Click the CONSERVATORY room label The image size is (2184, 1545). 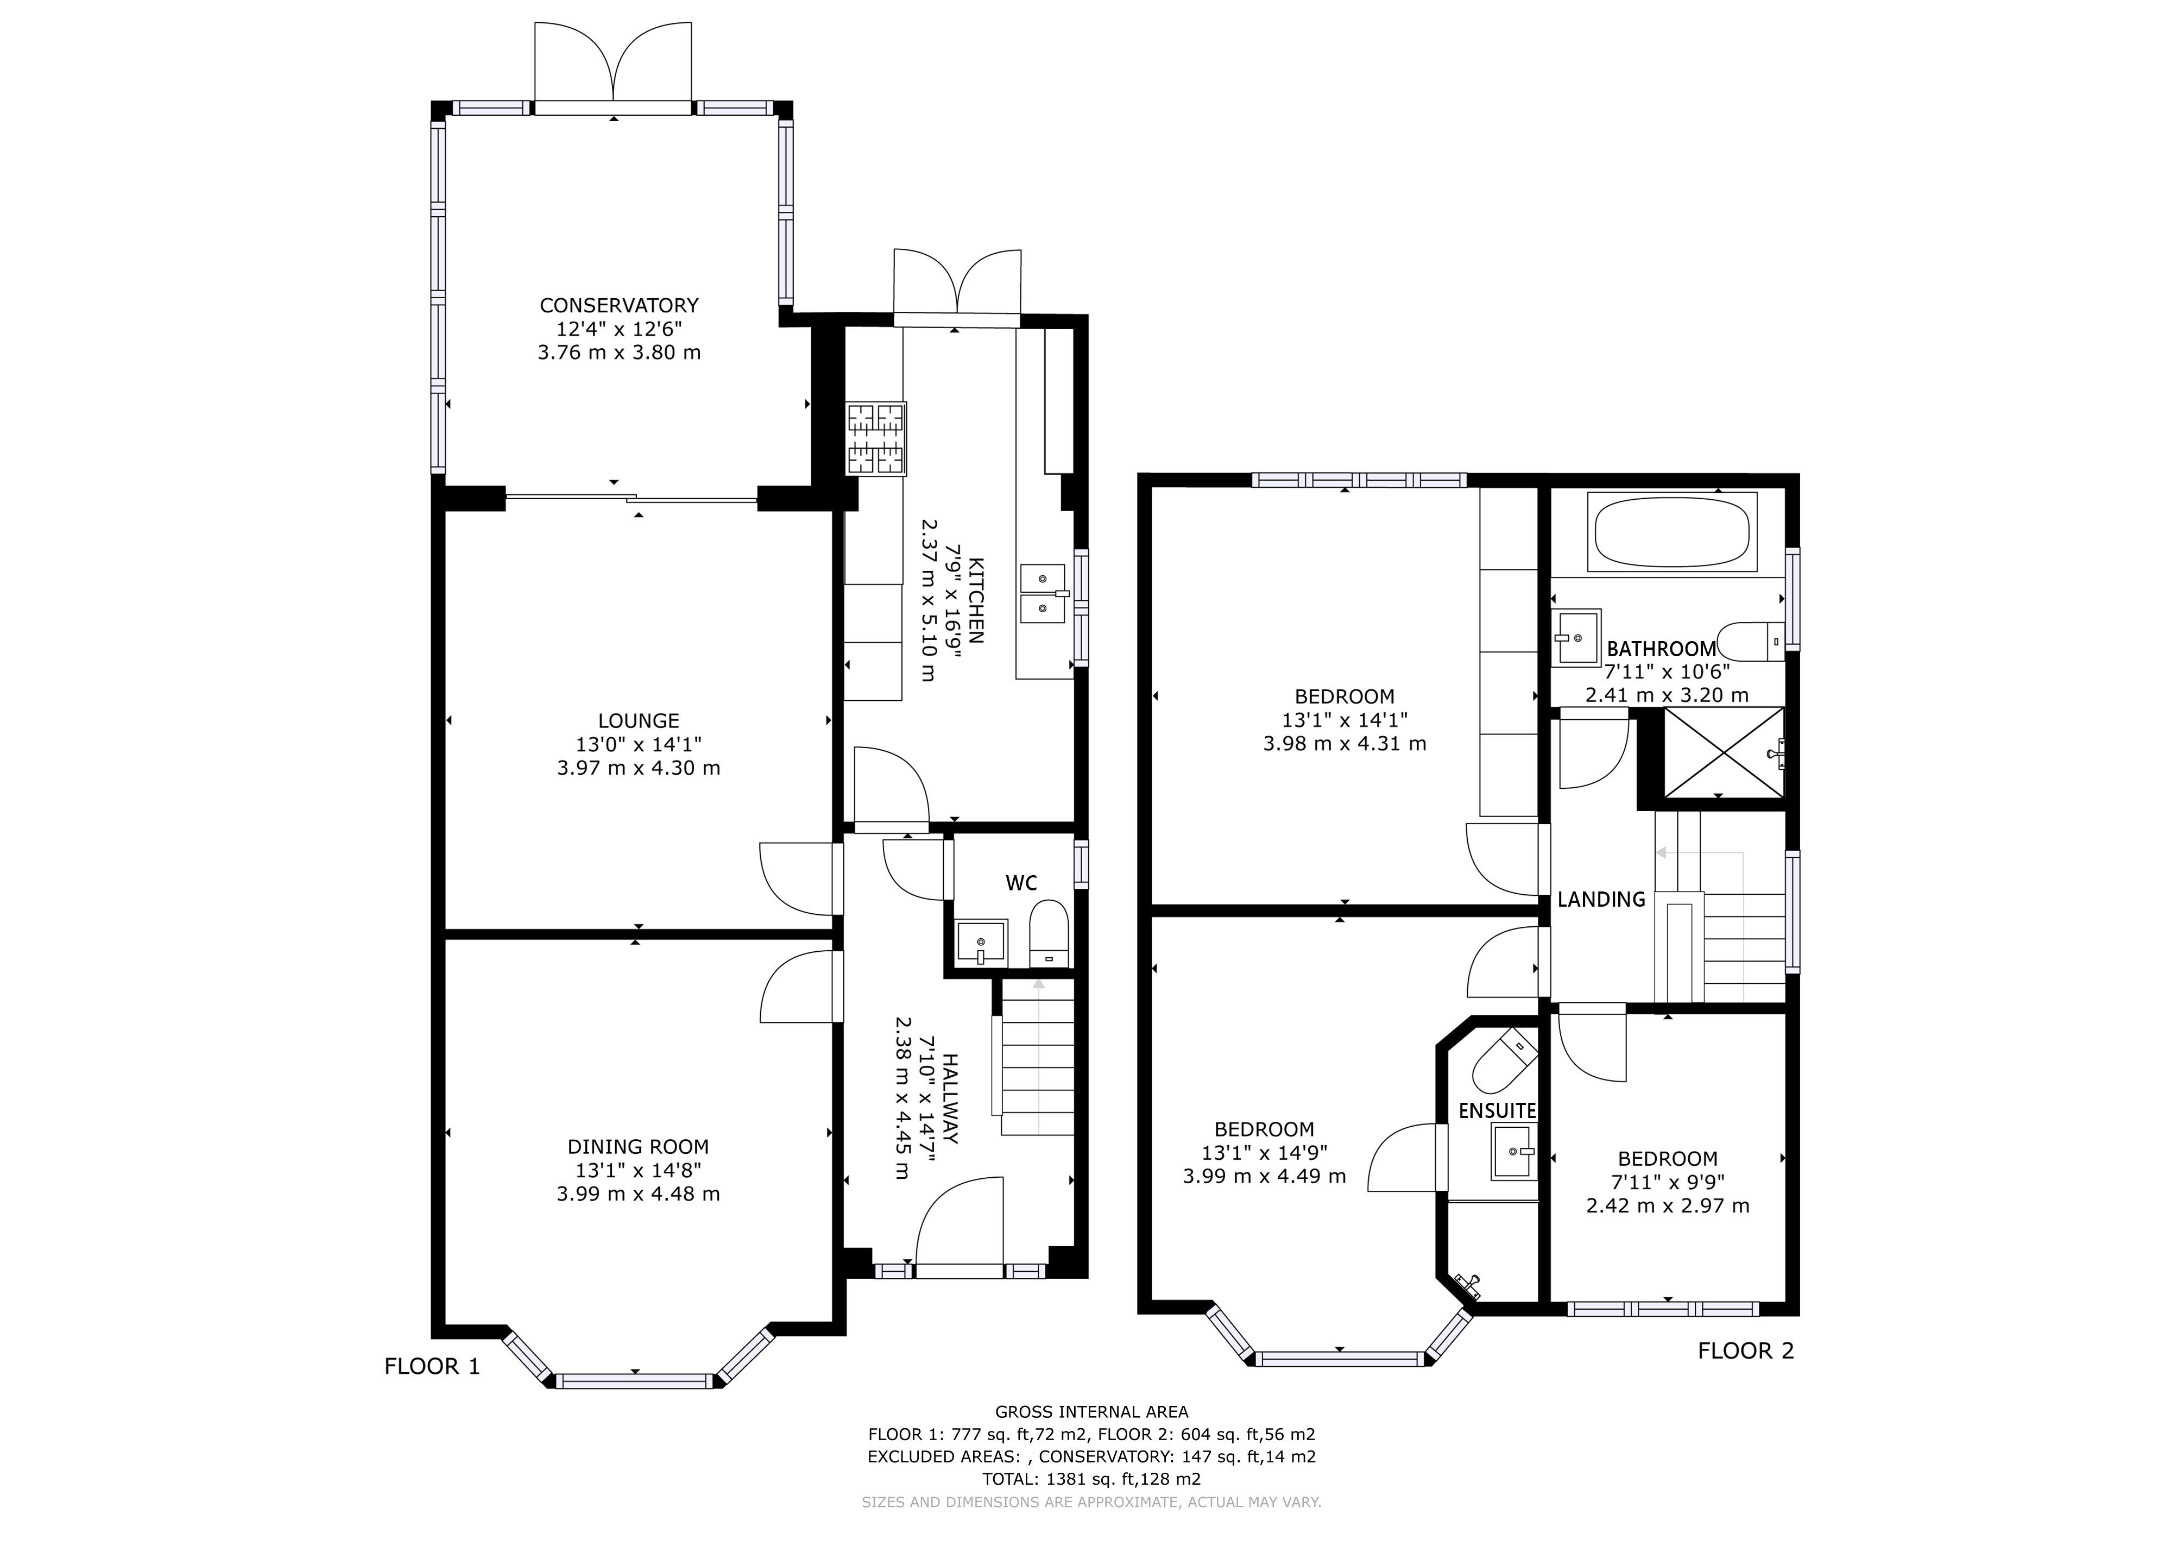(619, 305)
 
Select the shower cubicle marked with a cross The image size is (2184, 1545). (1722, 752)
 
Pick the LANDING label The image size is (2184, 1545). (1601, 899)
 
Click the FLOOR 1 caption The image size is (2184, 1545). (432, 1367)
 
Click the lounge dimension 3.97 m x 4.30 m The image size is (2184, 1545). (638, 768)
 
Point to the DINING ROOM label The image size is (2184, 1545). (638, 1147)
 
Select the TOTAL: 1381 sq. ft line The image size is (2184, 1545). (1091, 1479)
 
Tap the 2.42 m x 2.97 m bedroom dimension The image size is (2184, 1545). (1668, 1205)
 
